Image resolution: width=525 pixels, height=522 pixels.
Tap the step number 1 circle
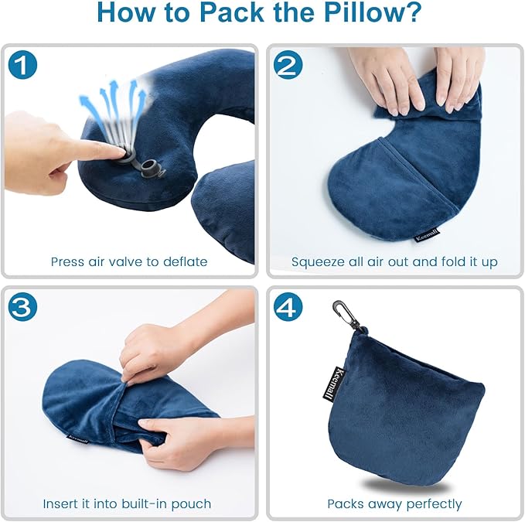23,65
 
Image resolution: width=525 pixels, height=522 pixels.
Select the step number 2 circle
288,65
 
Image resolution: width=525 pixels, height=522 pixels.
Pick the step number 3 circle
23,308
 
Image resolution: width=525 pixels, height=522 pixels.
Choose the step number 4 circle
288,308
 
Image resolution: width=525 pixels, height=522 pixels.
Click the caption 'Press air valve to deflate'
129,261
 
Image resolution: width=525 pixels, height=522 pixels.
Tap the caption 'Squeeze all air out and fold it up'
394,261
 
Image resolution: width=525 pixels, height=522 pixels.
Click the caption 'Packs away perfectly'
394,503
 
